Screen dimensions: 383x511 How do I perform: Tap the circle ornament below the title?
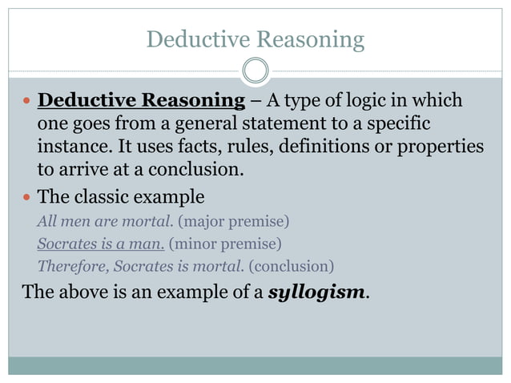coord(255,71)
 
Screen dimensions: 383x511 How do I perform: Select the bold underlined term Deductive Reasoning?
coord(141,101)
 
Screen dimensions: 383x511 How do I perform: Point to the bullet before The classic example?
coord(26,197)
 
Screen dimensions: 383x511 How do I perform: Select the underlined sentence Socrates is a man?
coord(101,243)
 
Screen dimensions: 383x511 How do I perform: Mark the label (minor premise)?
coord(226,243)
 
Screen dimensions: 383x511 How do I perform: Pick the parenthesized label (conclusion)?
coord(291,265)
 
